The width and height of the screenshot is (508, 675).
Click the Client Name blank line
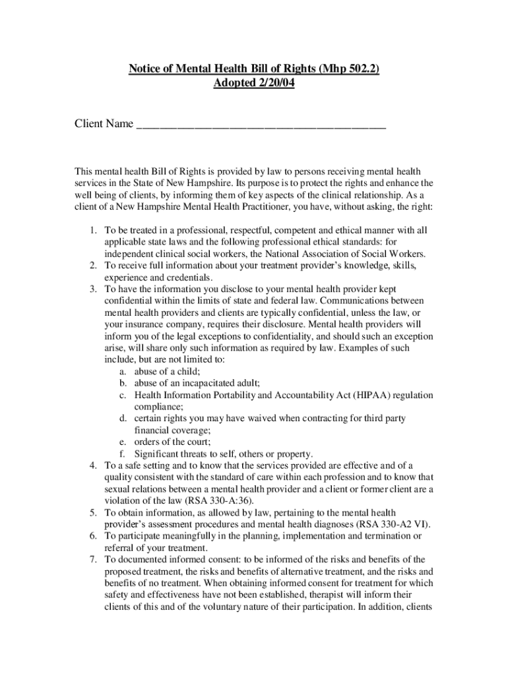click(261, 124)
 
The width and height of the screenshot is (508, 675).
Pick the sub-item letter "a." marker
click(123, 371)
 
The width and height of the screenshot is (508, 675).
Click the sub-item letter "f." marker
click(123, 454)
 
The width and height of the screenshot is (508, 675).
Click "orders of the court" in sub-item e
click(172, 442)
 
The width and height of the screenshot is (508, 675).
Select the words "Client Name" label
click(104, 124)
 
